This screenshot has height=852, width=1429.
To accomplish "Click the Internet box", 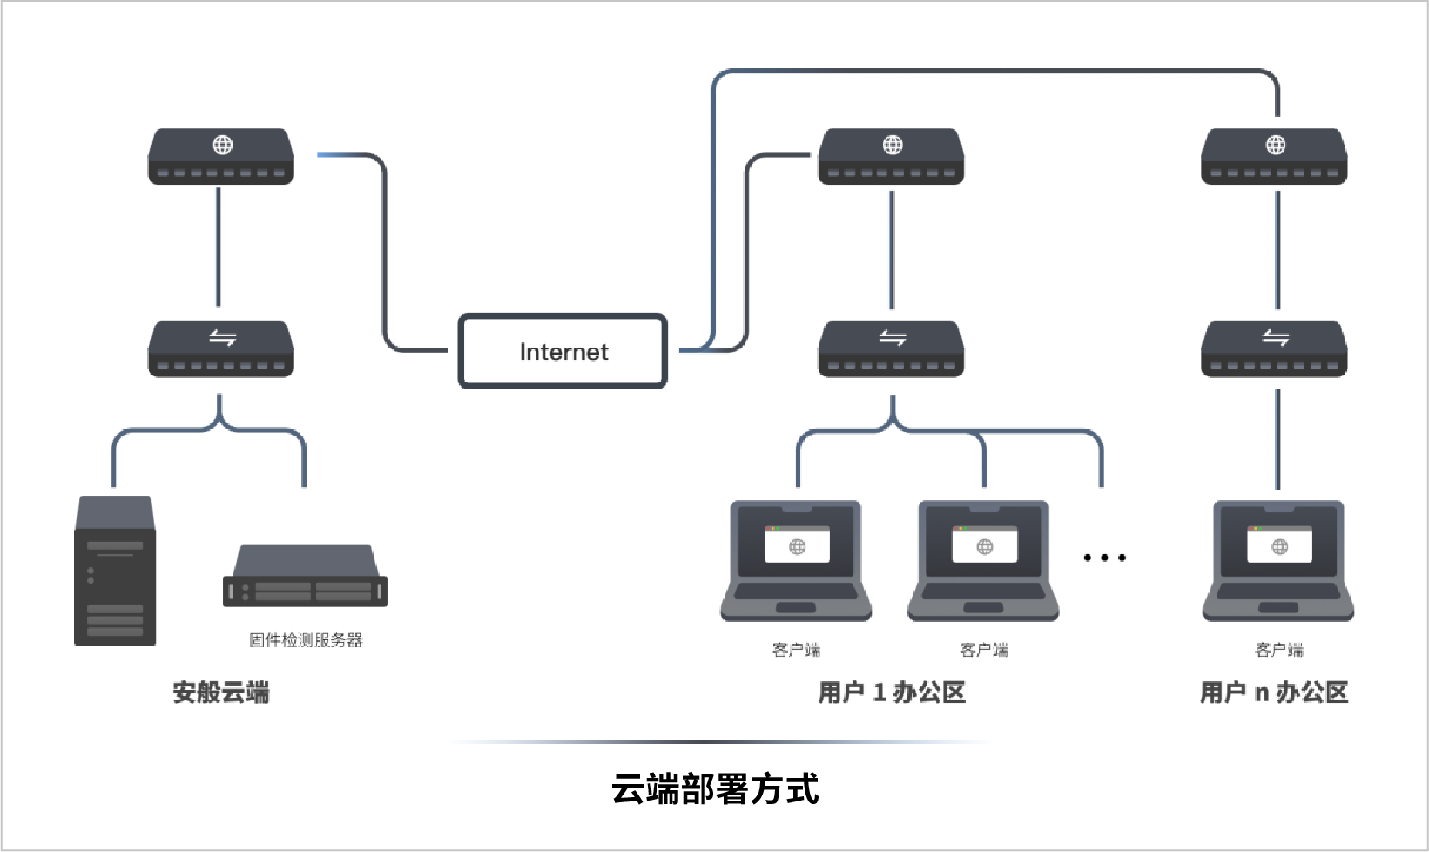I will [x=563, y=351].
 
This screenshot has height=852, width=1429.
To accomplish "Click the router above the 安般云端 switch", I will [x=221, y=157].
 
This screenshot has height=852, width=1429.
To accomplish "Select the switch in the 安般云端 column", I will [x=221, y=349].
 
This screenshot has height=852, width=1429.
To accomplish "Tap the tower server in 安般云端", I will [x=115, y=571].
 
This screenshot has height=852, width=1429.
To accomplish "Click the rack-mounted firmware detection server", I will [x=305, y=577].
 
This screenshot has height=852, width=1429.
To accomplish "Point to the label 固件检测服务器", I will [x=305, y=640].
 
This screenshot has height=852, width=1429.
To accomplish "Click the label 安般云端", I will [x=221, y=693].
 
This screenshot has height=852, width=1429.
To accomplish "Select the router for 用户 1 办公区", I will [x=891, y=157].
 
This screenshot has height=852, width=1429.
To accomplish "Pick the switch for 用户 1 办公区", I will [x=891, y=349].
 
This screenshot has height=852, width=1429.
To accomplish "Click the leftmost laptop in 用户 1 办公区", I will [x=796, y=560].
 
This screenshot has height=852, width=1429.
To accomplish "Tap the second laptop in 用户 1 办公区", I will [x=983, y=560].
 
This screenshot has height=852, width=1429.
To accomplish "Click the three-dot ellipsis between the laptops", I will [x=1104, y=558].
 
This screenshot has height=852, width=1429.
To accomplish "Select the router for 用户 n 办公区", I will [x=1274, y=157].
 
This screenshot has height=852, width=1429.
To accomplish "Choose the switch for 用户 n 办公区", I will [x=1274, y=349].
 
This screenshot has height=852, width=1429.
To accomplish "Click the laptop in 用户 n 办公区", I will [x=1278, y=560].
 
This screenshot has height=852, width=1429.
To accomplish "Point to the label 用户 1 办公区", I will [x=892, y=693].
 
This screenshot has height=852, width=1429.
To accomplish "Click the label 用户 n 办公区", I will [x=1274, y=693].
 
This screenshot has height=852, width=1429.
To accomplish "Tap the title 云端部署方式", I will [x=715, y=789].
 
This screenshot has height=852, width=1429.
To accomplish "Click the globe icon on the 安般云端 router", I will [x=223, y=145].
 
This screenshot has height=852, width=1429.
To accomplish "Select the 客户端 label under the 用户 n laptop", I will [x=1278, y=650].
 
